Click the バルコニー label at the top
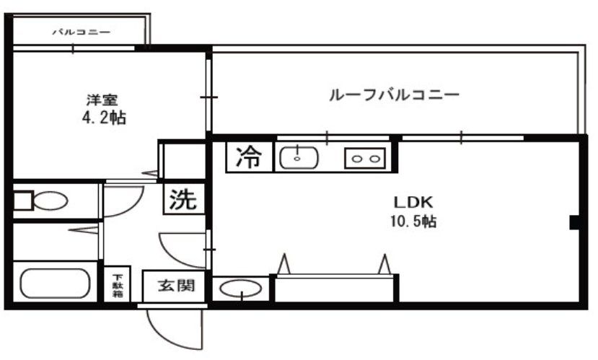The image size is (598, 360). pyautogui.click(x=81, y=32)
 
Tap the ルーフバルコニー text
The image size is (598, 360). pyautogui.click(x=394, y=95)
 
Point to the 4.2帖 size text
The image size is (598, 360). pyautogui.click(x=103, y=118)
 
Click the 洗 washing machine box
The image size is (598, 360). pyautogui.click(x=183, y=199)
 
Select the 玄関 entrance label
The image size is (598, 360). pyautogui.click(x=176, y=286)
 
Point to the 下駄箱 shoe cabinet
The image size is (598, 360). pyautogui.click(x=117, y=286)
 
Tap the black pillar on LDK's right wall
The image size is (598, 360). pyautogui.click(x=575, y=223)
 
